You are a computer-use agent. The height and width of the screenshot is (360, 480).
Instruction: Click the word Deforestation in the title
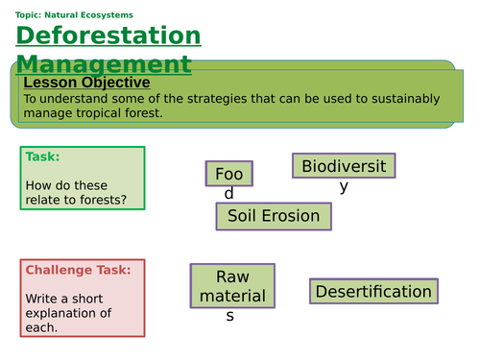tap(108, 36)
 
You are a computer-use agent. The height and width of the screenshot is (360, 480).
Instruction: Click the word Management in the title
tap(104, 64)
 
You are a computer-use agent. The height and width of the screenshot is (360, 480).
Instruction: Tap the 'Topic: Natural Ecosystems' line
tap(75, 14)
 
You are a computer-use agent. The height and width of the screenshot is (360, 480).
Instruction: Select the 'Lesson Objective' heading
tap(86, 83)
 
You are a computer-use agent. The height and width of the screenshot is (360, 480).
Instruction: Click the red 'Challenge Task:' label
tap(78, 270)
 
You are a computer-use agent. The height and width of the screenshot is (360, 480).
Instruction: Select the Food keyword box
tap(229, 174)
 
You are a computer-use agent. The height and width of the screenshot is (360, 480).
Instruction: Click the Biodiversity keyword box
tap(344, 166)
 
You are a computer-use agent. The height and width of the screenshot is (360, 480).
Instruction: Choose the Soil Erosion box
tap(274, 216)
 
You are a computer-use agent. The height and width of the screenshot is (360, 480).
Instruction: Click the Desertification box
tap(373, 291)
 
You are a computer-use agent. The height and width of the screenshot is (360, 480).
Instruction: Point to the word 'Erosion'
tap(294, 216)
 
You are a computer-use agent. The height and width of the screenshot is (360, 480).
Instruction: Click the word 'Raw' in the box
tap(231, 276)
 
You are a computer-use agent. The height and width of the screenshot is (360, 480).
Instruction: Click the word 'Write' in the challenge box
tap(43, 298)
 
